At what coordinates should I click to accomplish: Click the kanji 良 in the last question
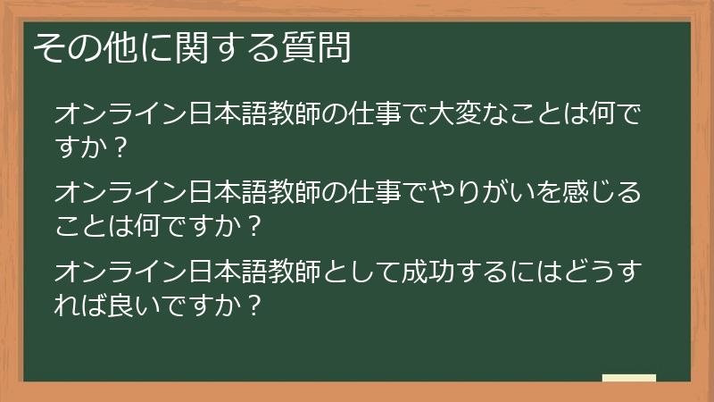pos(122,303)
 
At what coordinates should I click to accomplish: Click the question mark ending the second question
pos(253,225)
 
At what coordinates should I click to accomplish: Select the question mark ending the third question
pos(253,303)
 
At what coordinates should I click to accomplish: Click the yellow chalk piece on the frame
pos(629,378)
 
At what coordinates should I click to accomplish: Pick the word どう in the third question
pos(593,270)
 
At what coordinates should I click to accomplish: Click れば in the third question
pos(79,303)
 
